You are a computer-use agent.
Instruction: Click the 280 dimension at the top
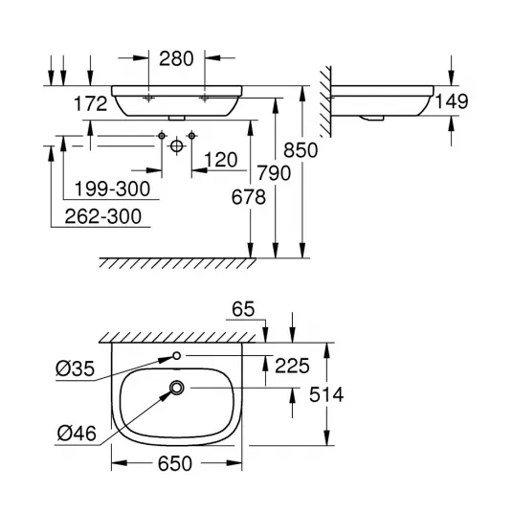pos(176,59)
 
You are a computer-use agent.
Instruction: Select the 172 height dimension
pos(91,103)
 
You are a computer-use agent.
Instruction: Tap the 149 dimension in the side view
pos(452,101)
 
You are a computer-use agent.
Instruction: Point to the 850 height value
pos(301,150)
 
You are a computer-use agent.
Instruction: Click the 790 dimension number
pos(274,173)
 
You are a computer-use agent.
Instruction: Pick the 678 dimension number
pos(249,197)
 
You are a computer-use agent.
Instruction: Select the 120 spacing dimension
pos(221,160)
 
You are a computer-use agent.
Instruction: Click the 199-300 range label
pos(112,190)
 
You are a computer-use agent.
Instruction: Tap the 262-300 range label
pos(103,216)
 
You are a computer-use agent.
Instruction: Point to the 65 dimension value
pos(243,309)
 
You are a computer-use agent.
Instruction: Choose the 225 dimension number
pos(292,366)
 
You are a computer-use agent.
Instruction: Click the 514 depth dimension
pos(326,394)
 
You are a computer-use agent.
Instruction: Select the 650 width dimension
pos(175,463)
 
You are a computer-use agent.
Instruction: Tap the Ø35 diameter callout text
pos(75,368)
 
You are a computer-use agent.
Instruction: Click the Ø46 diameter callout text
pos(77,434)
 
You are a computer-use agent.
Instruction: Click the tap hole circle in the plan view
pos(177,355)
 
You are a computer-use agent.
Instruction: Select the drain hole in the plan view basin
pos(177,388)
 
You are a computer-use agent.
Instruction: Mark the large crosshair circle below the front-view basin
pos(176,145)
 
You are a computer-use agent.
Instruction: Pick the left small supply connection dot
pos(162,136)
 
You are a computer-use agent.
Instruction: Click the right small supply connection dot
pos(191,136)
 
